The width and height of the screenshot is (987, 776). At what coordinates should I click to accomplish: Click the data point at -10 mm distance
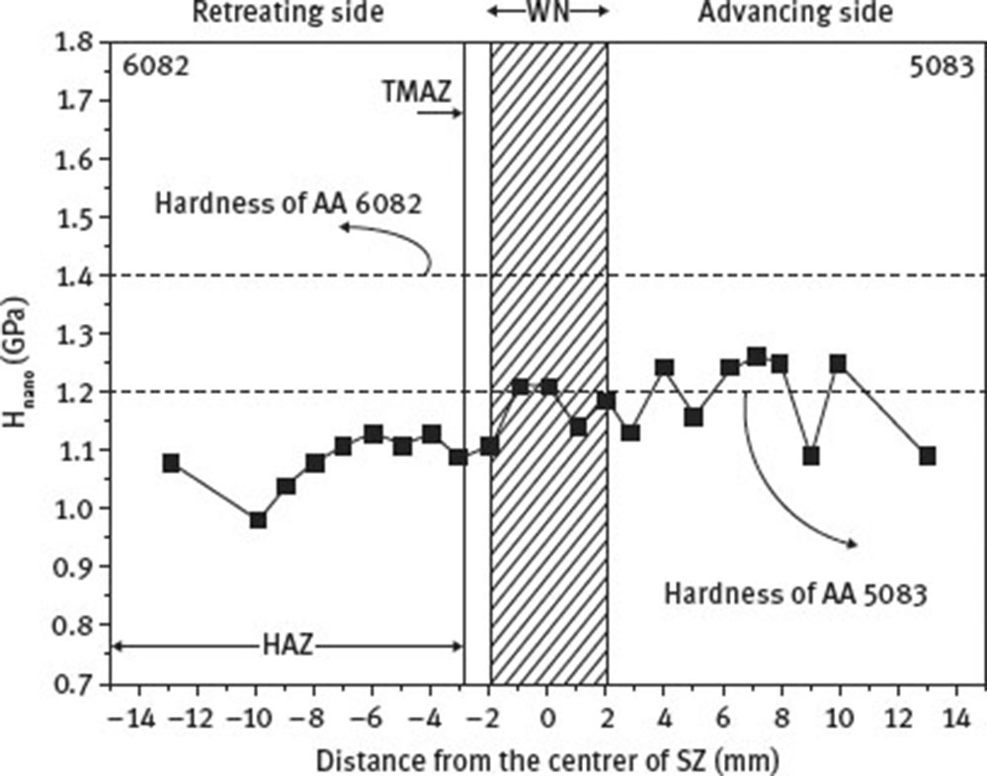[x=258, y=519]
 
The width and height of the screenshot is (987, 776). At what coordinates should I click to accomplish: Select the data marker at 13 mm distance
[x=927, y=456]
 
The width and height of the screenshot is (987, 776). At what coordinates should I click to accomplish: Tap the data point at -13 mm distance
[x=171, y=463]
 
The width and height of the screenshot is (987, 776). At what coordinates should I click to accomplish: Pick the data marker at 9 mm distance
[x=811, y=456]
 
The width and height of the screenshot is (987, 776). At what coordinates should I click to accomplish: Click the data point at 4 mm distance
[x=664, y=368]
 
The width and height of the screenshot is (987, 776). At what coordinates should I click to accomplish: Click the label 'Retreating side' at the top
[x=287, y=13]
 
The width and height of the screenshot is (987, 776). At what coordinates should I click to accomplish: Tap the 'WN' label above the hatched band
[x=548, y=12]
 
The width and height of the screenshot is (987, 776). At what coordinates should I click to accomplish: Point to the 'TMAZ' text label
[x=416, y=92]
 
